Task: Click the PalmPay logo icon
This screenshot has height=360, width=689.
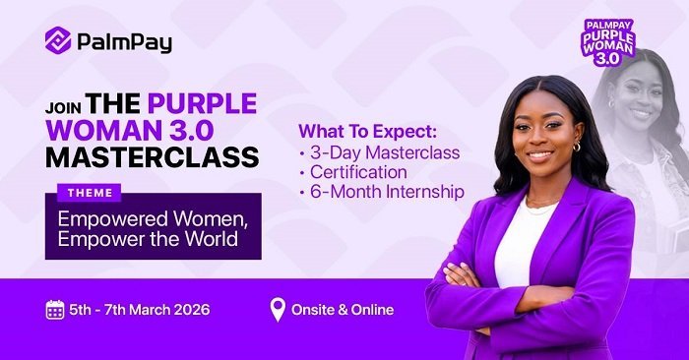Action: tap(58, 40)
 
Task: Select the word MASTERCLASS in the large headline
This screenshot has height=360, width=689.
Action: tap(152, 156)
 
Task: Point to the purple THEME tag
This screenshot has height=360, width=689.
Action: tap(91, 193)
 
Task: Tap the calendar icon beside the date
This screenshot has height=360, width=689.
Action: tap(55, 311)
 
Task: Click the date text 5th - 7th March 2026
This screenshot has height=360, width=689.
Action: tap(139, 311)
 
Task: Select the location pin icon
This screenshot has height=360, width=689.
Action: tap(278, 311)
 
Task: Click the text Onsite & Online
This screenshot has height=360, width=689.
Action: tap(343, 311)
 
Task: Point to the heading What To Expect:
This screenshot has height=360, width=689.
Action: tap(372, 132)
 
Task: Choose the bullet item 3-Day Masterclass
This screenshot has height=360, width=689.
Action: tap(385, 152)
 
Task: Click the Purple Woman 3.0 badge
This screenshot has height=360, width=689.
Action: tap(608, 41)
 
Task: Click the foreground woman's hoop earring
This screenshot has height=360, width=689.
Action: tap(576, 148)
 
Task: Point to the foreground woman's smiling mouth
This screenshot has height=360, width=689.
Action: tap(539, 155)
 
